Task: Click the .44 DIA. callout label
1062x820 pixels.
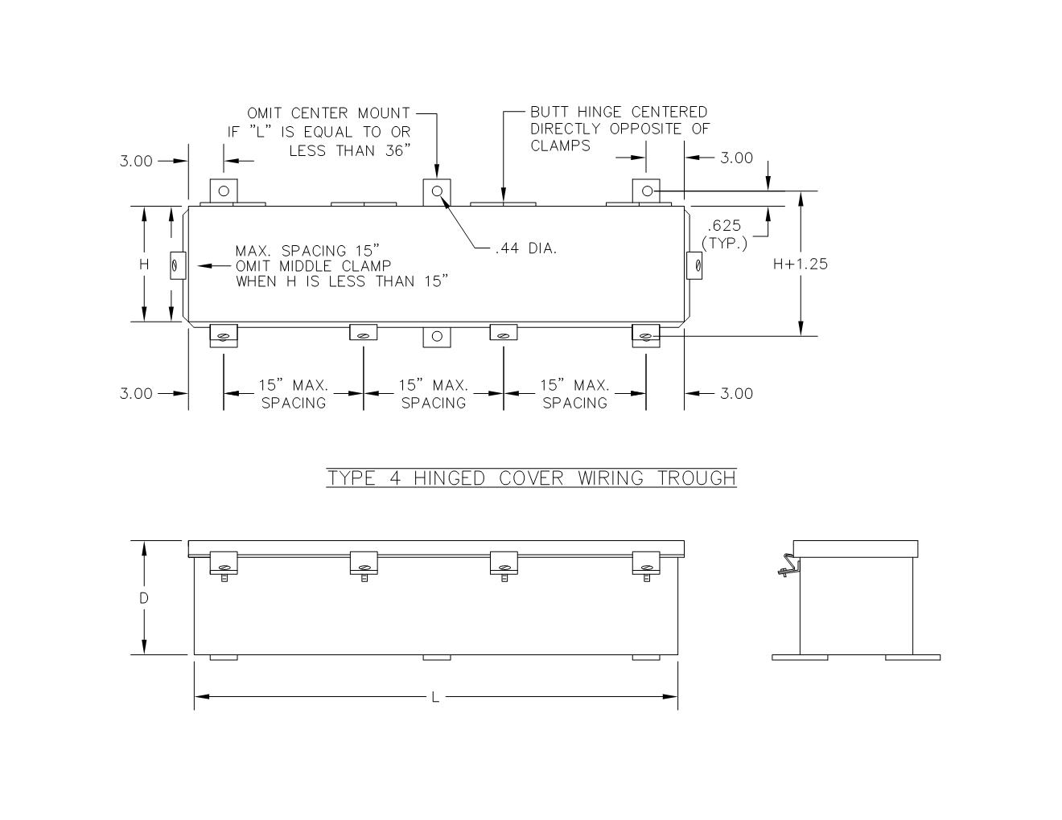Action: click(x=526, y=248)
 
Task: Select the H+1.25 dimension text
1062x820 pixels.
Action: click(x=800, y=264)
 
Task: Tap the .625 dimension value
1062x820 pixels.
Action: click(x=724, y=225)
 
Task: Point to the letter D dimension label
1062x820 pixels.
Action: click(x=144, y=598)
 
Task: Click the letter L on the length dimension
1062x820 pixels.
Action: click(x=435, y=697)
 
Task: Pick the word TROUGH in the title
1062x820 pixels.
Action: click(x=697, y=478)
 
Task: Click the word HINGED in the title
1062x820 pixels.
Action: click(x=449, y=478)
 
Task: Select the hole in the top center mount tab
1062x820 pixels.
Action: click(x=438, y=191)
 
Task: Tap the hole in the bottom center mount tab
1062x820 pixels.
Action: click(x=438, y=336)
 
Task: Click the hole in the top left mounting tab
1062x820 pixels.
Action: click(x=224, y=191)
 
